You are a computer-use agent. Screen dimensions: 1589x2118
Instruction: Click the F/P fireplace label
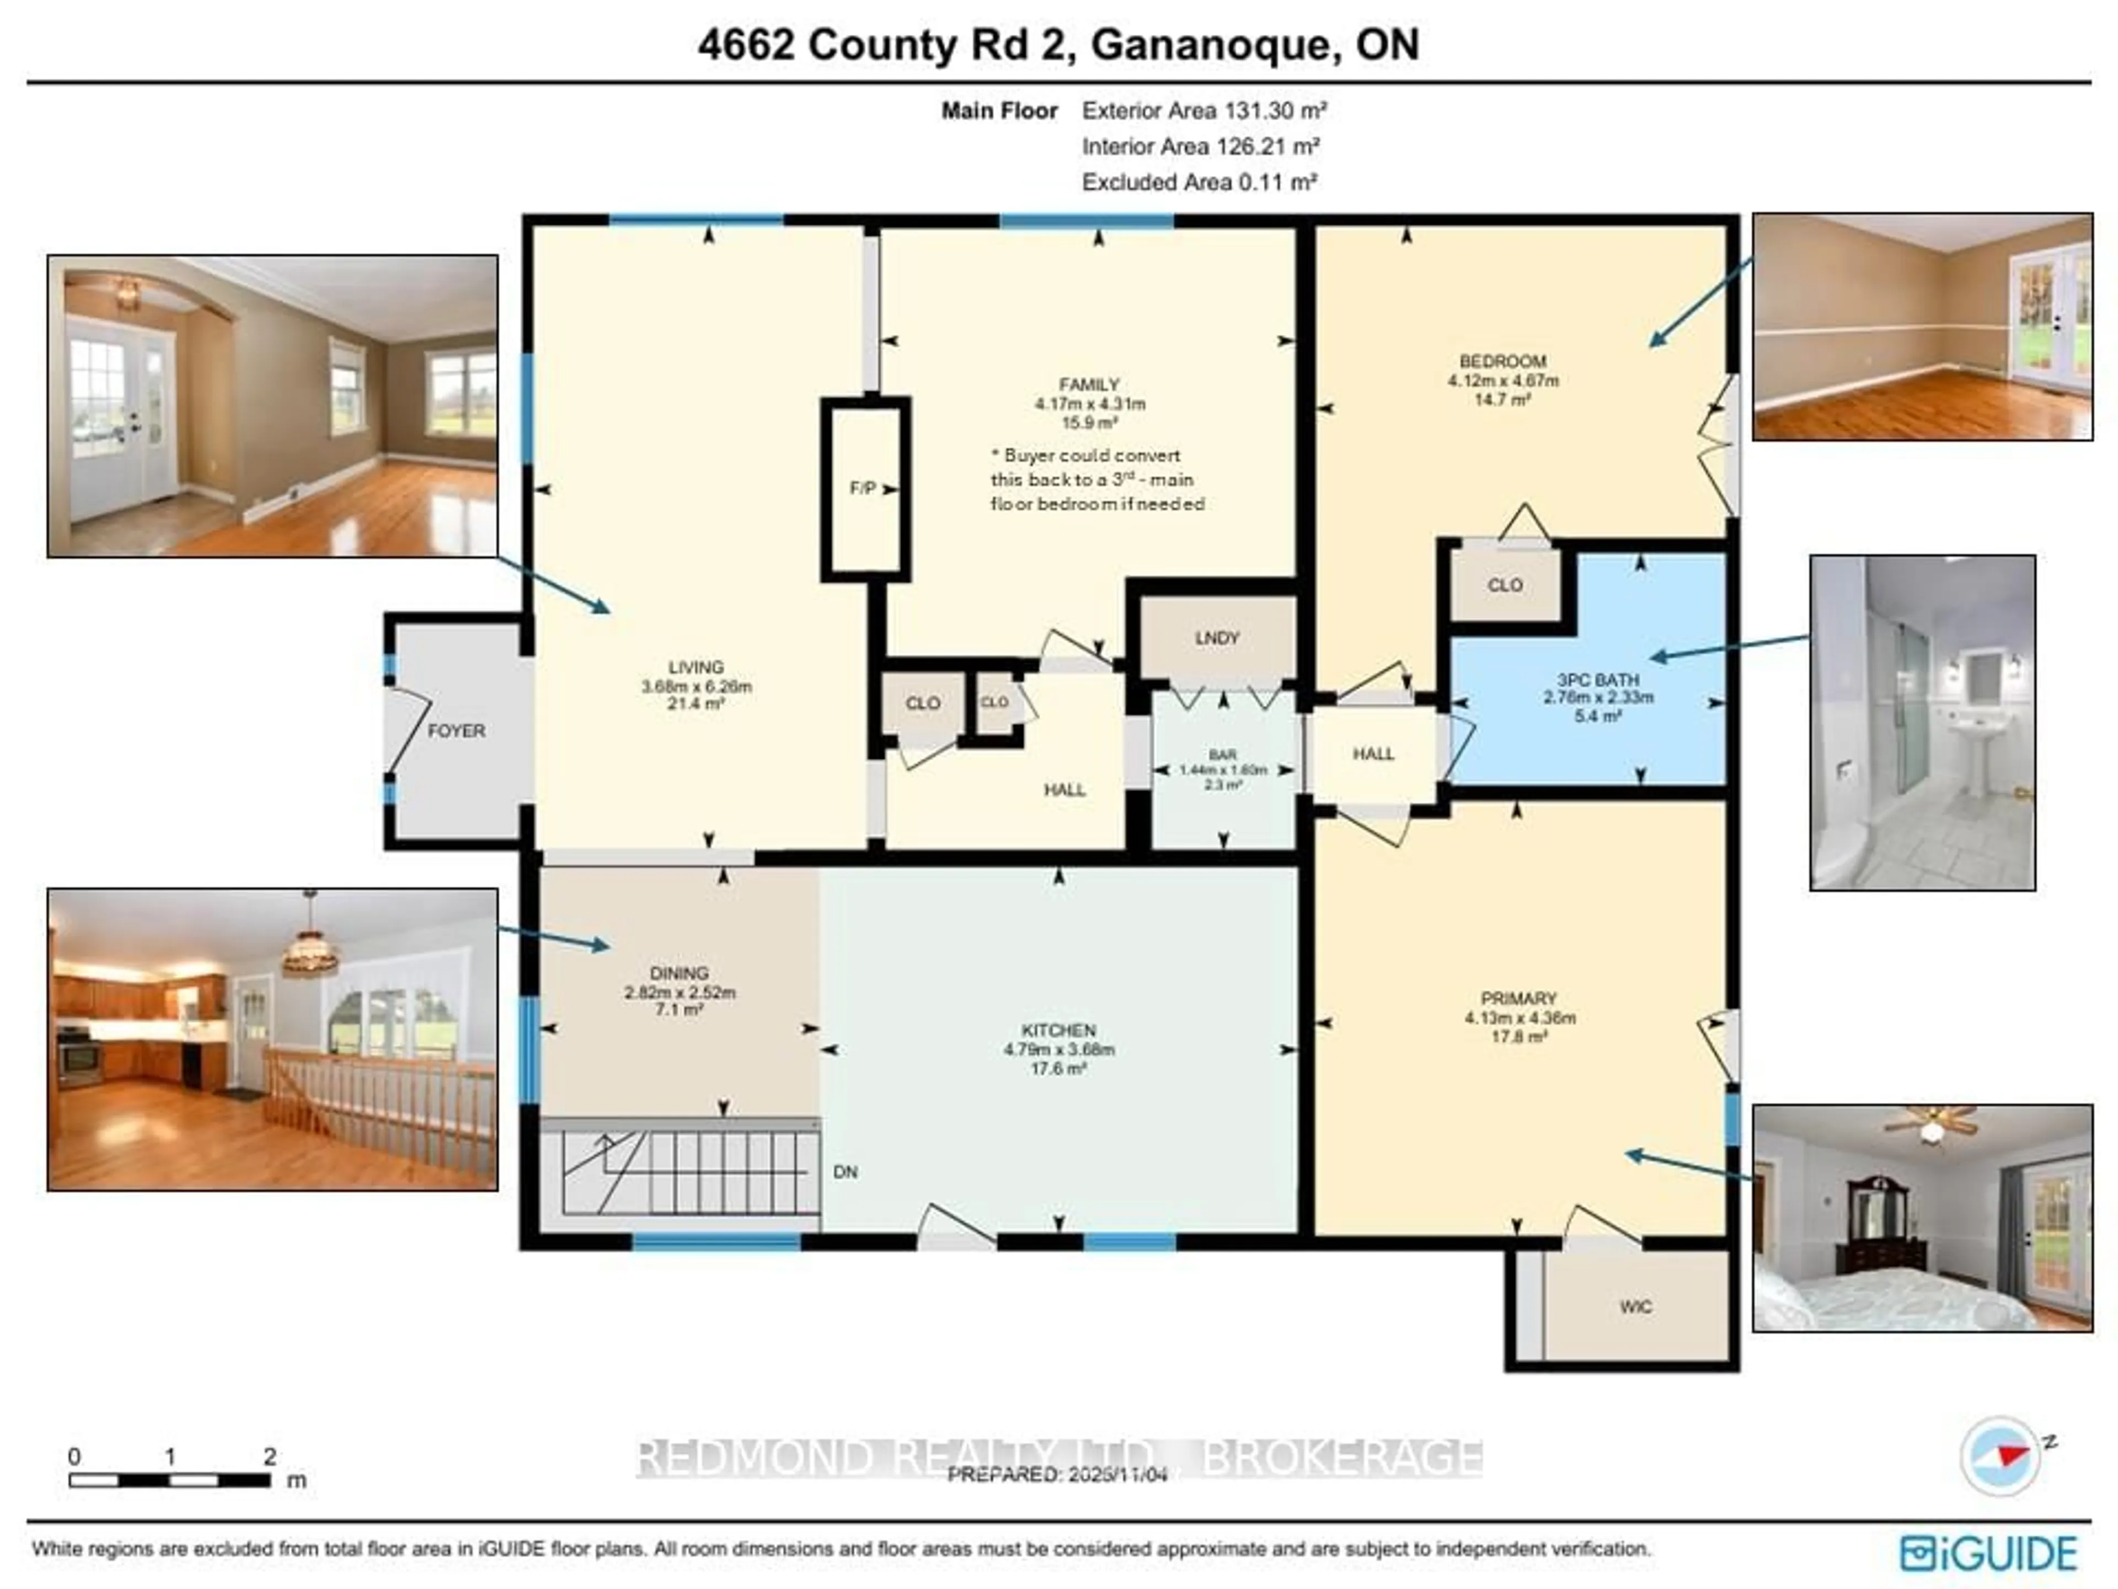click(862, 488)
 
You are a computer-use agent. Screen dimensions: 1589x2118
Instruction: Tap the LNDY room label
click(1217, 638)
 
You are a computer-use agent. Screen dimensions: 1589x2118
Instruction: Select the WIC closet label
click(1635, 1307)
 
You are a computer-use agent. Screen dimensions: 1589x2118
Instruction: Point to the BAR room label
click(1223, 755)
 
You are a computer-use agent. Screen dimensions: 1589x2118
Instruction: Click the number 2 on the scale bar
click(270, 1457)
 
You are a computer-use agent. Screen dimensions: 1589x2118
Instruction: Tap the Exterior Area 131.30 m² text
click(1204, 111)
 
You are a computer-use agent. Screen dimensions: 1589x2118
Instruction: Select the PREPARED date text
click(1057, 1475)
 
